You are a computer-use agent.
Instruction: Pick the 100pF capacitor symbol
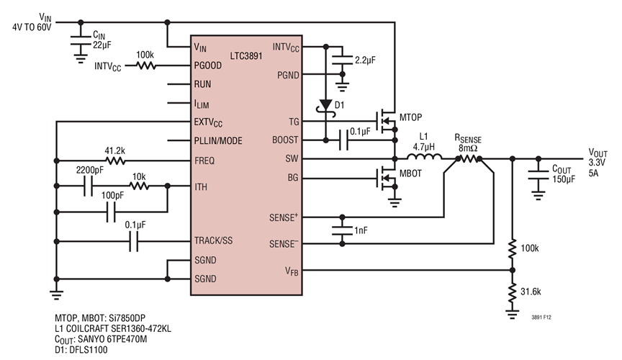pos(111,213)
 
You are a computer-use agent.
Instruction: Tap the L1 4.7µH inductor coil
pos(427,158)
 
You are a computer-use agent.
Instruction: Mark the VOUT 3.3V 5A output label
pos(600,162)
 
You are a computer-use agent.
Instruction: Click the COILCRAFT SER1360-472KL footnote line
pos(112,328)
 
